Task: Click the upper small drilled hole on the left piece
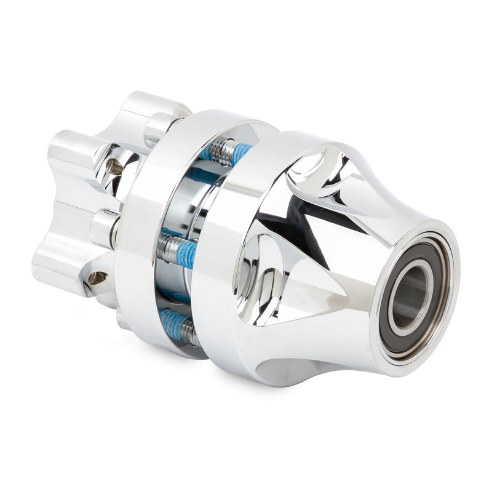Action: [114, 165]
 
